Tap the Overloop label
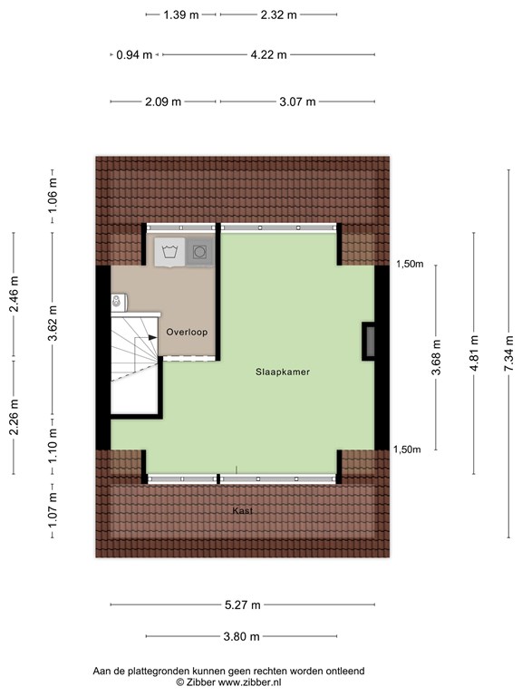pyautogui.click(x=187, y=333)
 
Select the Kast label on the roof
pyautogui.click(x=242, y=511)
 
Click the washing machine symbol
pyautogui.click(x=169, y=252)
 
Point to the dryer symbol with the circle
pyautogui.click(x=200, y=252)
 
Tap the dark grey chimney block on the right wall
pyautogui.click(x=369, y=341)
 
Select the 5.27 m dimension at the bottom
pyautogui.click(x=242, y=605)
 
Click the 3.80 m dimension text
pyautogui.click(x=242, y=636)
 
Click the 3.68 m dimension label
pyautogui.click(x=436, y=357)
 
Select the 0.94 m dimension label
pyautogui.click(x=134, y=54)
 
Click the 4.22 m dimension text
pyautogui.click(x=268, y=54)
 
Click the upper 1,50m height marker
pyautogui.click(x=410, y=265)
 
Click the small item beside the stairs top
pyautogui.click(x=117, y=300)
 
